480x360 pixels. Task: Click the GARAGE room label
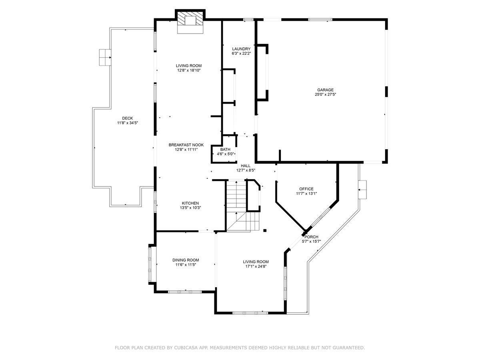(x=325, y=90)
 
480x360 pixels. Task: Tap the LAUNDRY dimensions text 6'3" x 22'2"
(x=241, y=53)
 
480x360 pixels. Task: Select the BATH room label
(x=225, y=149)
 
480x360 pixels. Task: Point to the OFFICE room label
(x=306, y=189)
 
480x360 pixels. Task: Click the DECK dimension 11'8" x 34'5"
(x=127, y=123)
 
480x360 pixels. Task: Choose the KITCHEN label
(x=190, y=203)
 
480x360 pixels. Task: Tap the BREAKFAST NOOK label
(x=186, y=145)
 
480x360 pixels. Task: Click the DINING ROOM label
(x=186, y=260)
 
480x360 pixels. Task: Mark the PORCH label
(x=311, y=237)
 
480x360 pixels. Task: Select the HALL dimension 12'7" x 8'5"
(x=246, y=170)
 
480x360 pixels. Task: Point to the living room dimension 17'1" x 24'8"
(x=256, y=266)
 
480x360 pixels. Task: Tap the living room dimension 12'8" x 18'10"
(x=189, y=70)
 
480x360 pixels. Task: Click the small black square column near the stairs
(x=265, y=230)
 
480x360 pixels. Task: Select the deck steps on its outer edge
(x=105, y=57)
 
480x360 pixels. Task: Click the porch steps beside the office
(x=362, y=190)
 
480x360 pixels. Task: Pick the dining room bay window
(x=150, y=264)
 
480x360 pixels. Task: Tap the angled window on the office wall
(x=320, y=217)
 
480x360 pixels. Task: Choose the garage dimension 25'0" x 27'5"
(x=325, y=94)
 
